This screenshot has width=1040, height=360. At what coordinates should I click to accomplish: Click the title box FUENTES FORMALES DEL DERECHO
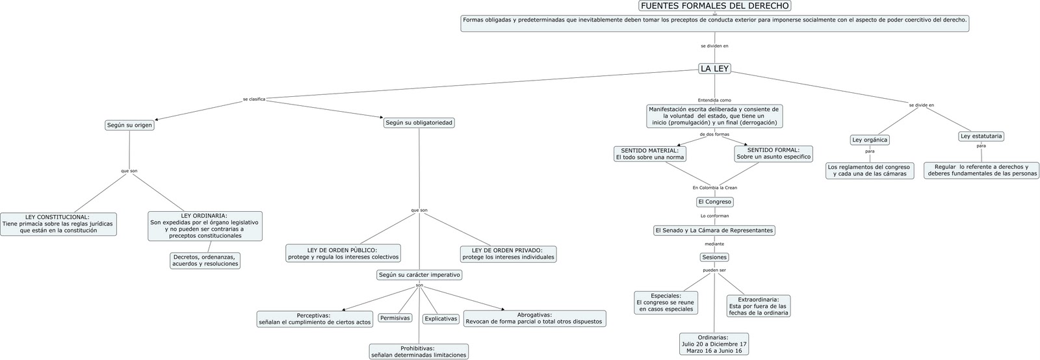714,6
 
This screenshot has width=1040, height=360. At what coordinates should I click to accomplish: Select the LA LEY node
714,69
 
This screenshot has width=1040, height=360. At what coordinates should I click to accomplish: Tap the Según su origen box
129,125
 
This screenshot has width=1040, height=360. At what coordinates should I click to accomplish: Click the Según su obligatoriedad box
419,123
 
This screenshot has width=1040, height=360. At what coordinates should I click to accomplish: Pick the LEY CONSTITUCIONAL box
58,224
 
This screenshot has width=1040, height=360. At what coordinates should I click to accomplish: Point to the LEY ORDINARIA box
205,225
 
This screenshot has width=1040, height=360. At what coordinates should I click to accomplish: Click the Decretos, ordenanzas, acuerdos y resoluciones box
205,261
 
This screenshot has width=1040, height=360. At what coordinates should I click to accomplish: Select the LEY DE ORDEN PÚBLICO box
343,253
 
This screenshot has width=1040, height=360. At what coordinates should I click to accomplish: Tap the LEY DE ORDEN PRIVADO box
508,253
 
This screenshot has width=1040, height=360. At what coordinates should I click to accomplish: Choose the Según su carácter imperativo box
419,275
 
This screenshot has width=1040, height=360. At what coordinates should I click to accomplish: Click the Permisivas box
395,318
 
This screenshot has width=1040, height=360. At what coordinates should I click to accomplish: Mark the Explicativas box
441,319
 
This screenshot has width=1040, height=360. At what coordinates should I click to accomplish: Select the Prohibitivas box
419,352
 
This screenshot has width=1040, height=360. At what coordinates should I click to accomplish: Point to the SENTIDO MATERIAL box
649,154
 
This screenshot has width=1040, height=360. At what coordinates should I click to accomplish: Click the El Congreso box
714,202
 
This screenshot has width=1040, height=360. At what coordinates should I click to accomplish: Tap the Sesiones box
714,257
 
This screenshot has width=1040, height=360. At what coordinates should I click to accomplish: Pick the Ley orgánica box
870,140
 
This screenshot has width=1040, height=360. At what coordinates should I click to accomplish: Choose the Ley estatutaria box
981,136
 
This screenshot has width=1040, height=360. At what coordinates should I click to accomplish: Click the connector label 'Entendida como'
714,100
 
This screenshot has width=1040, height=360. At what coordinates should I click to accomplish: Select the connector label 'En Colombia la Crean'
714,188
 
